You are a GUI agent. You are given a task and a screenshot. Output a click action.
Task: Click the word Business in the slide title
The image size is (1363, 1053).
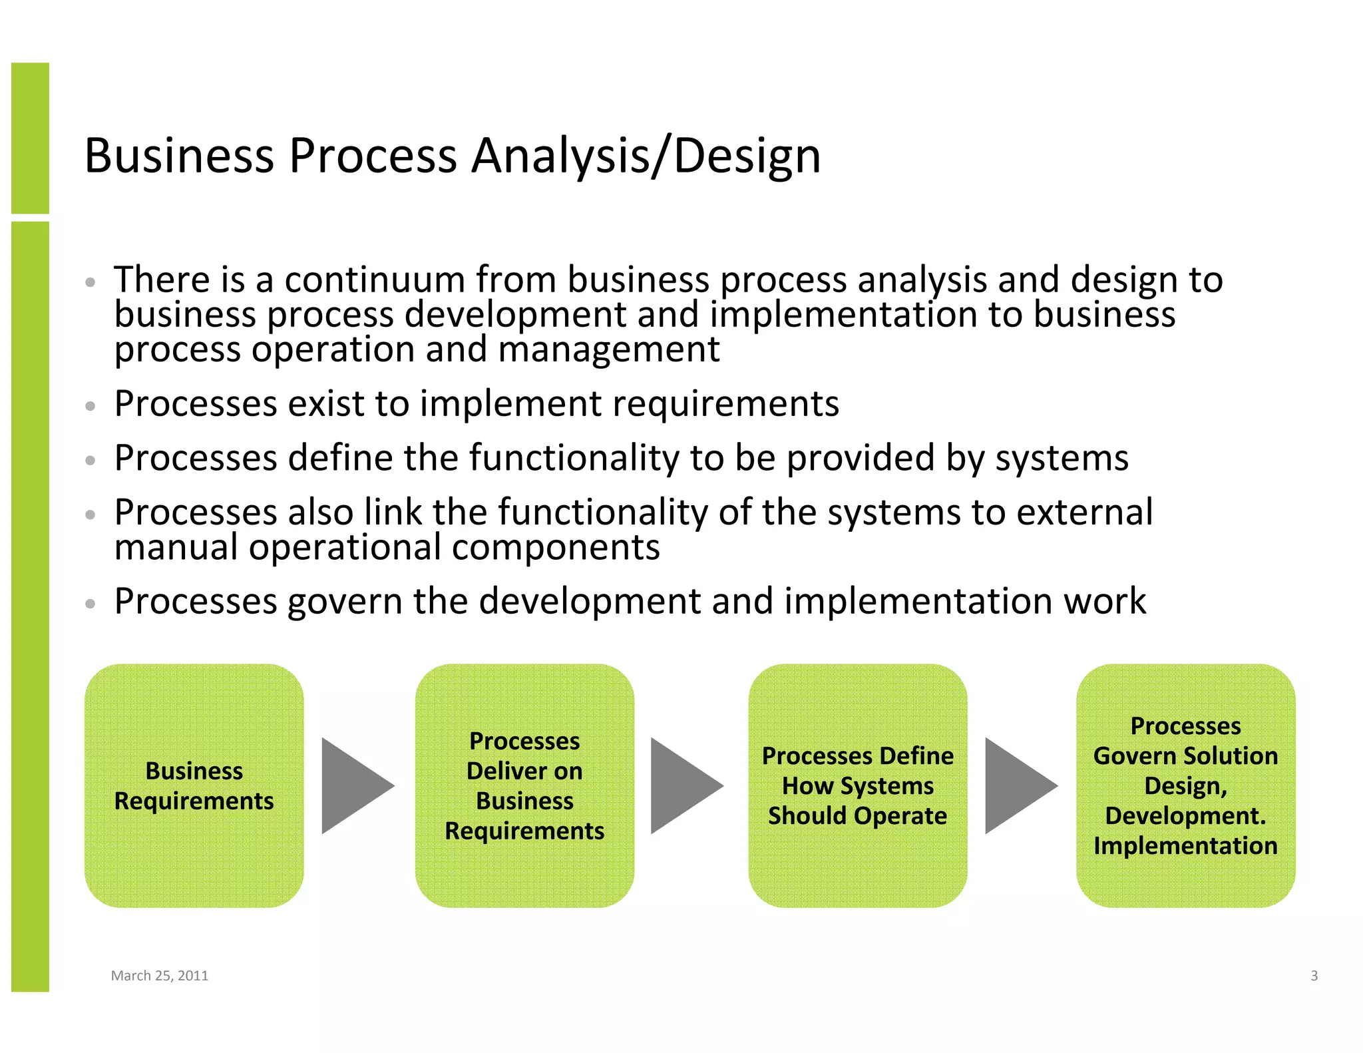coord(179,156)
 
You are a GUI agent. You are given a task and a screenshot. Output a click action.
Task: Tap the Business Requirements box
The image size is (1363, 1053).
coord(194,785)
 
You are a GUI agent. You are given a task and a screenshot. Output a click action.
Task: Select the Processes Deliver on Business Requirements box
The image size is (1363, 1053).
coord(524,785)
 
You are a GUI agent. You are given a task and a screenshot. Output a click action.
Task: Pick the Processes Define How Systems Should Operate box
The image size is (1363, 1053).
coord(857,785)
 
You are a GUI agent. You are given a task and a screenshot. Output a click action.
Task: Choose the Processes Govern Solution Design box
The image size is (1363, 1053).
coord(1185,785)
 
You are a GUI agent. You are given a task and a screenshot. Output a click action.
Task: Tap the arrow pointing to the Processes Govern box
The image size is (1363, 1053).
coord(1018,785)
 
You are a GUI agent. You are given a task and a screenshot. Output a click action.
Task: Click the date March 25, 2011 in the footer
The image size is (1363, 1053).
coord(159,976)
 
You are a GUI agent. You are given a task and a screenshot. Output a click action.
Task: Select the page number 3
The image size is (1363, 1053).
coord(1314,976)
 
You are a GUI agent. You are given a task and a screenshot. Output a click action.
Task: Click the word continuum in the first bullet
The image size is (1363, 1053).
coord(375,280)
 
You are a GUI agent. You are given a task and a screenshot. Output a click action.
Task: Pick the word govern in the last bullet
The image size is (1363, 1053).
coord(344,602)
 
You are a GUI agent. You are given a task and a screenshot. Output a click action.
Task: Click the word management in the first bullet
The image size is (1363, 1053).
coord(608,350)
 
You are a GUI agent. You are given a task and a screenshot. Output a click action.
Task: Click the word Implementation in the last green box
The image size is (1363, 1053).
coord(1185,846)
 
